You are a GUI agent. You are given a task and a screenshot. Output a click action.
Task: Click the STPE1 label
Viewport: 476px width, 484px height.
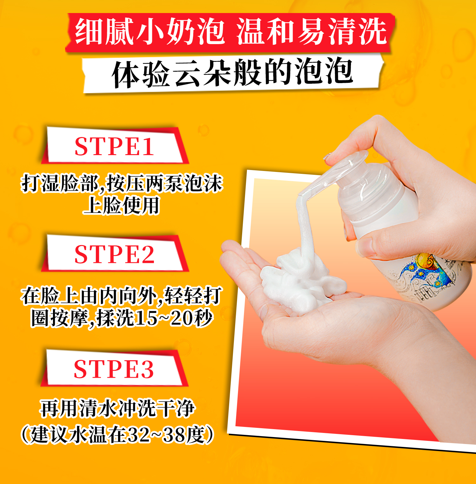coord(115,146)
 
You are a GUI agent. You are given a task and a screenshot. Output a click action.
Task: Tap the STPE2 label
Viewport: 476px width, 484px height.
coord(115,254)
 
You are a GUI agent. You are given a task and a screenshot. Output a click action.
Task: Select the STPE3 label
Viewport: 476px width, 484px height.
coord(114,369)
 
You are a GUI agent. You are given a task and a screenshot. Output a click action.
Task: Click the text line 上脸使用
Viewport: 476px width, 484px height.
coord(121,206)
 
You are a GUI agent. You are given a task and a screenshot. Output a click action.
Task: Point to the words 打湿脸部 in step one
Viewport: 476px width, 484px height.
coord(60,183)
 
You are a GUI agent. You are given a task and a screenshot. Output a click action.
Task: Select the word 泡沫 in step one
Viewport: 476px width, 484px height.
coord(203,183)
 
